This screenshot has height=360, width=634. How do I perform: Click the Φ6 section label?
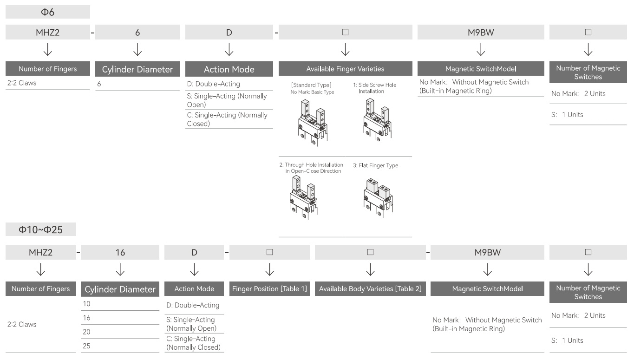click(x=47, y=12)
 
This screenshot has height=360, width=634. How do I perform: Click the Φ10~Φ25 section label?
click(x=41, y=229)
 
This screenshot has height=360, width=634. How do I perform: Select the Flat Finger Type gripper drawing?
click(x=378, y=197)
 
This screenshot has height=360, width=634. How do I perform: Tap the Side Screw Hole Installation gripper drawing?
click(x=378, y=121)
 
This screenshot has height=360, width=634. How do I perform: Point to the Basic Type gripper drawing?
click(x=313, y=123)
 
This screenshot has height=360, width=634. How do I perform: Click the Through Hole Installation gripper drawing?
click(x=303, y=197)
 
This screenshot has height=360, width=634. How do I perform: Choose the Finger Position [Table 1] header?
click(x=269, y=288)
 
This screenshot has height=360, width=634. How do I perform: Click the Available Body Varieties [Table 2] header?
click(x=370, y=288)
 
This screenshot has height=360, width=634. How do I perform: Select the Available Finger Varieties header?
click(x=345, y=69)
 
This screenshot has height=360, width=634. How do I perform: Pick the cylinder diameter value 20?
click(x=86, y=332)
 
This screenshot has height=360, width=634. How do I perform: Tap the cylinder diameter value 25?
click(x=86, y=346)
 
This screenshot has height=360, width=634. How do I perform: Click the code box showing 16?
click(x=120, y=252)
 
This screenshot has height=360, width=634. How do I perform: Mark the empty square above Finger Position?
click(x=269, y=252)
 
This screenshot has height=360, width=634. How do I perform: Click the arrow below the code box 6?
click(x=137, y=50)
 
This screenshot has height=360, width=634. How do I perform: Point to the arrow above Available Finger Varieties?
click(x=345, y=50)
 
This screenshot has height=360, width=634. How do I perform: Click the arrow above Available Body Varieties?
click(x=370, y=269)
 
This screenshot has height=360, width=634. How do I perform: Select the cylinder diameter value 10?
click(x=86, y=304)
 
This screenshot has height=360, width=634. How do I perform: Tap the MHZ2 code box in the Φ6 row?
click(x=47, y=32)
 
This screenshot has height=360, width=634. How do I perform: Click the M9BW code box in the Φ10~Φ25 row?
click(x=487, y=252)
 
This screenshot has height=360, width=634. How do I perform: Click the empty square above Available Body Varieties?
click(x=370, y=252)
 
